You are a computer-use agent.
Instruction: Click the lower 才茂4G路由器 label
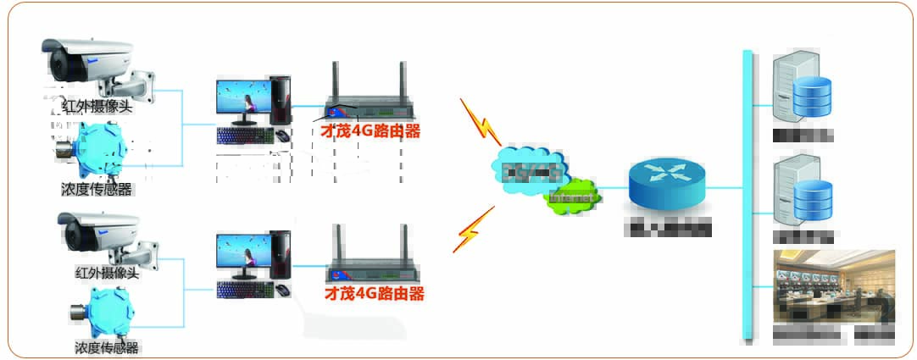374,294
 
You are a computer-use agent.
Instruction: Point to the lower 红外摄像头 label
106,272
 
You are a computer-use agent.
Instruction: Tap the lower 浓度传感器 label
106,347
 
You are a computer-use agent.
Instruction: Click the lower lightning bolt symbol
472,228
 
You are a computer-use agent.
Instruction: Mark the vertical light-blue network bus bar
747,195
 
